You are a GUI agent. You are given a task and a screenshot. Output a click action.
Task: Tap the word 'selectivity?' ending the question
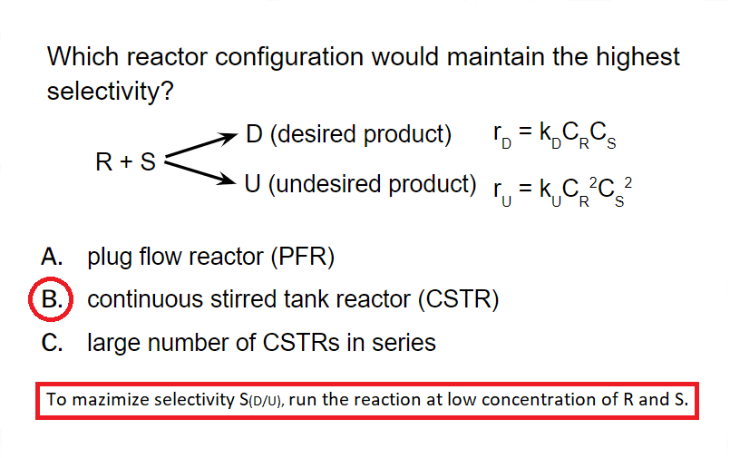[110, 93]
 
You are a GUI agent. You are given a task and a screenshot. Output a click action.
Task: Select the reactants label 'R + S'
[125, 162]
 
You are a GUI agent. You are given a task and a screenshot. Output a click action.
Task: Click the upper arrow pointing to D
[198, 147]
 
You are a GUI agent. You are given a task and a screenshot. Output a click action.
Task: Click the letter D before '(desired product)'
[254, 135]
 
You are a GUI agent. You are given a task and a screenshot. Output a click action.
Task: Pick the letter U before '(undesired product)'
[254, 184]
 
